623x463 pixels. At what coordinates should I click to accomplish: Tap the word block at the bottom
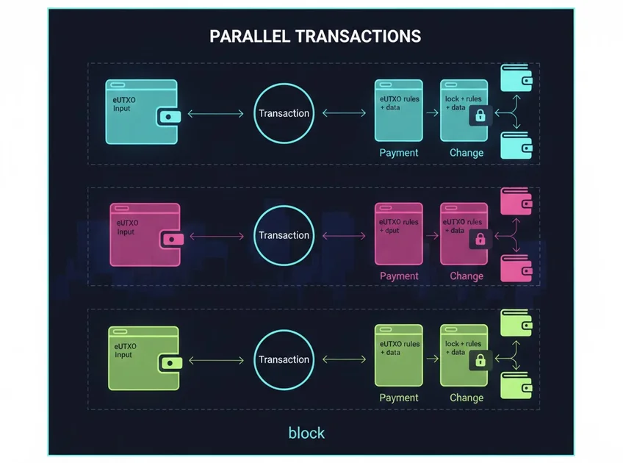(x=306, y=432)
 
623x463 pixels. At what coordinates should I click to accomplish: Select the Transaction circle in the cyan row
(x=284, y=113)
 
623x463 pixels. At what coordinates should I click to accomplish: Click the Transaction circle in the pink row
(x=284, y=235)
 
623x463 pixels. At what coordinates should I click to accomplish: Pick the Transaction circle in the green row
(x=284, y=359)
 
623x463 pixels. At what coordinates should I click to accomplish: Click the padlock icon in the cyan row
(x=480, y=115)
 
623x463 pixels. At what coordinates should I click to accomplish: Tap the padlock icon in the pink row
(x=480, y=239)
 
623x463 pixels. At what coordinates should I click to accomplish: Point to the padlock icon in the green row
(x=480, y=361)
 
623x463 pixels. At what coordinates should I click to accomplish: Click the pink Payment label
(x=399, y=276)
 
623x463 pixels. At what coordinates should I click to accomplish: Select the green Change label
(x=467, y=398)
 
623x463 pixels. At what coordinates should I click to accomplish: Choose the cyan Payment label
(x=399, y=153)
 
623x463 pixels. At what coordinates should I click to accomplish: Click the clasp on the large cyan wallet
(x=170, y=116)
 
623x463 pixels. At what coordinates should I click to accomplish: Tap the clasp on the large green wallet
(x=170, y=362)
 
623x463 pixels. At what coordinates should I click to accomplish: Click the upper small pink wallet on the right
(x=515, y=201)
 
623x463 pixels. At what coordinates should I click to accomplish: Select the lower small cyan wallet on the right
(x=515, y=145)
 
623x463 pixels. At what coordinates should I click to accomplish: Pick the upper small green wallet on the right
(x=515, y=323)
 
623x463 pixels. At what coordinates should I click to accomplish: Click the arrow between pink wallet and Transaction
(x=217, y=236)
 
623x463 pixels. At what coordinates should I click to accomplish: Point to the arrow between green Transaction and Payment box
(x=344, y=359)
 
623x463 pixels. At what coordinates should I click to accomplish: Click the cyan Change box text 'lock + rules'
(x=464, y=98)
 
